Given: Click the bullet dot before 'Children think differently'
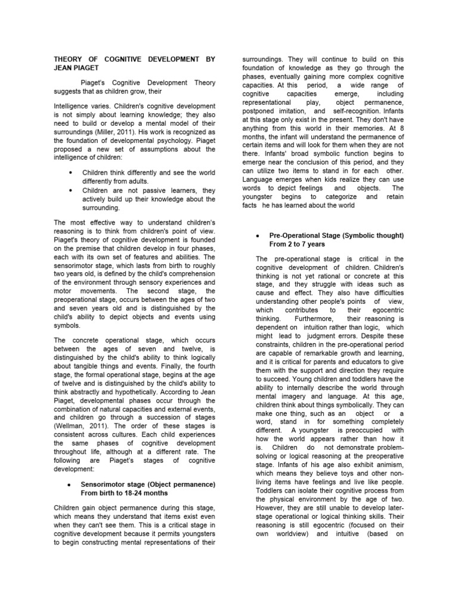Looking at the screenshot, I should pos(71,173).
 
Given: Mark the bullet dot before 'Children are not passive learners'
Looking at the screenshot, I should pos(71,191).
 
